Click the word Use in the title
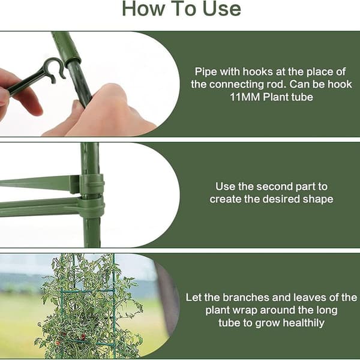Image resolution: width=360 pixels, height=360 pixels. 222,9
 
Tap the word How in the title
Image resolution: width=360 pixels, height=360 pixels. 143,9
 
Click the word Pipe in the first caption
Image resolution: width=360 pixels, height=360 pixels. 206,72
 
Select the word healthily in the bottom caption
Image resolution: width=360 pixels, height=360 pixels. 304,323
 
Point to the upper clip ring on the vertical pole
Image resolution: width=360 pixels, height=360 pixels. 91,184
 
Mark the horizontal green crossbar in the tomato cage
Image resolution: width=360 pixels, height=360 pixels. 87,290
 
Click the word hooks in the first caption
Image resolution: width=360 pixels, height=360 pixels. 257,71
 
